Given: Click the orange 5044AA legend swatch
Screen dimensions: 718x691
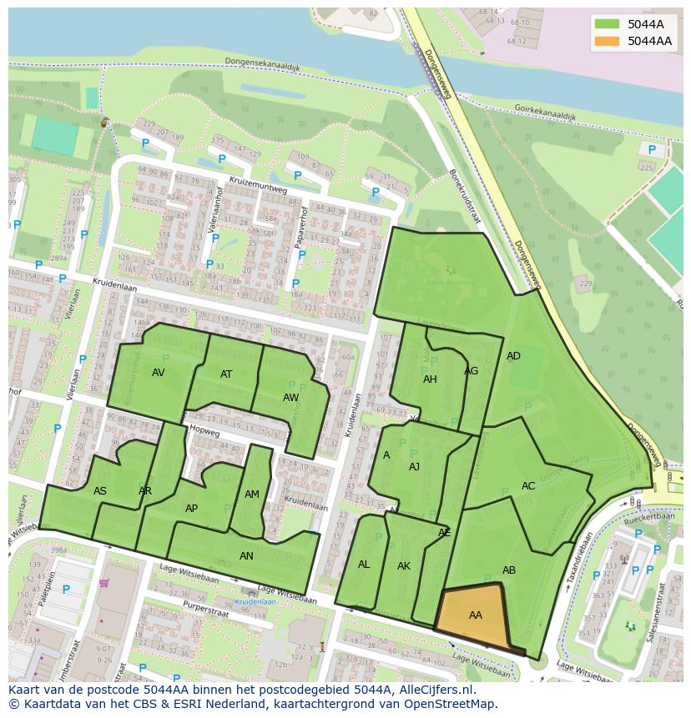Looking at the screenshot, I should (608, 41).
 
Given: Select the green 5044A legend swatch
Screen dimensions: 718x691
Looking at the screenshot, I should (608, 24).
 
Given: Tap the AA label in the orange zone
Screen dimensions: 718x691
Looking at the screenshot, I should (476, 615).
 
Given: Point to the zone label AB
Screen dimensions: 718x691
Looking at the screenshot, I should (509, 570).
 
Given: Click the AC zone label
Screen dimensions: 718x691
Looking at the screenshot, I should (528, 486).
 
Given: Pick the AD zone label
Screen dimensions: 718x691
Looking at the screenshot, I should (513, 356).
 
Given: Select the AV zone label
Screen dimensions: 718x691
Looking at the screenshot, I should (159, 373).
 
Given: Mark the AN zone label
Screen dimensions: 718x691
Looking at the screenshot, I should (246, 556).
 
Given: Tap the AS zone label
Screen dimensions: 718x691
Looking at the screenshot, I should (100, 491).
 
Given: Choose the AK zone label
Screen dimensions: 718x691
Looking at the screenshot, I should (404, 566).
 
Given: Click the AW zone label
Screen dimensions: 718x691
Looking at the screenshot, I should (290, 398).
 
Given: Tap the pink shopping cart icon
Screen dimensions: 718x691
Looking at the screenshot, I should (104, 583).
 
